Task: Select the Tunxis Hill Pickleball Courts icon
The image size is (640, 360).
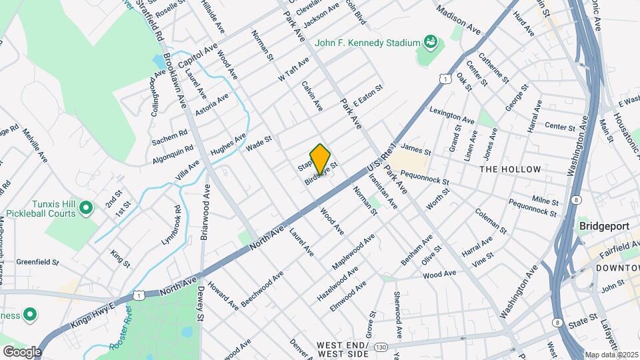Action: click(x=85, y=209)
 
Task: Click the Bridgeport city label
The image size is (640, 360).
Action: click(x=604, y=226)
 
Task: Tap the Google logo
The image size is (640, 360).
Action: click(x=22, y=351)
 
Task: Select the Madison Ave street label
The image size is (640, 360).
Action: click(x=458, y=20)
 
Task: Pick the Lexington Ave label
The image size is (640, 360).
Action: click(x=452, y=115)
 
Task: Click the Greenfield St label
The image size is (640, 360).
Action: click(x=38, y=262)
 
